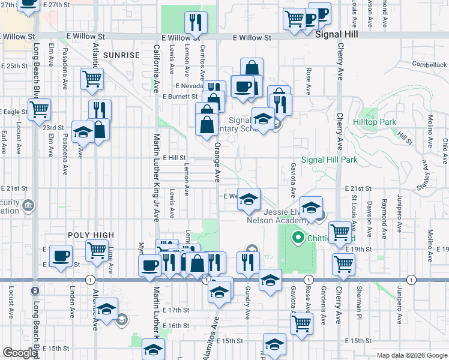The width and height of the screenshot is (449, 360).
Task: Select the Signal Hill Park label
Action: [x=329, y=160]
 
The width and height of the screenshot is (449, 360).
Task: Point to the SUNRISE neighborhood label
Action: [x=121, y=55]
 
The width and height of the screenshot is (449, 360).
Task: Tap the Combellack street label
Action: [x=430, y=64]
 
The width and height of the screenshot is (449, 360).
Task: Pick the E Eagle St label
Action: [x=15, y=112]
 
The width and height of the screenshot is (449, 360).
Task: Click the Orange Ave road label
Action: [x=218, y=161]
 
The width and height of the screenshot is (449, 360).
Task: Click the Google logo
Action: [x=20, y=353]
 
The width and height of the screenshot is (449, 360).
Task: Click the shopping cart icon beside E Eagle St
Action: [x=40, y=109]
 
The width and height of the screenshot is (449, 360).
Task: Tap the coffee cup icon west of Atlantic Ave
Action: [x=61, y=255]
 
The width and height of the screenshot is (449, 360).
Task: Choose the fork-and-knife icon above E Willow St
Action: [x=195, y=22]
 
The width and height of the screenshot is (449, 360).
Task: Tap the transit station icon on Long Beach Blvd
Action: [x=35, y=291]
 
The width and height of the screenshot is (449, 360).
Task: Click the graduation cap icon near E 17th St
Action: [x=107, y=309]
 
